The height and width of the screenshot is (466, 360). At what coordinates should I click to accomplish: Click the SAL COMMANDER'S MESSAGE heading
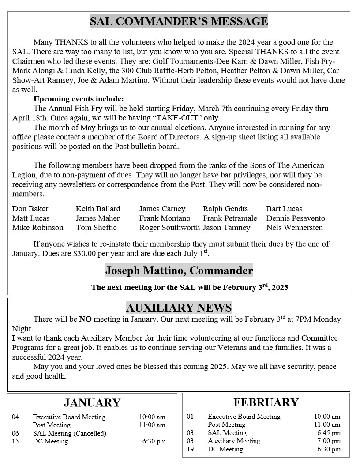coord(179,21)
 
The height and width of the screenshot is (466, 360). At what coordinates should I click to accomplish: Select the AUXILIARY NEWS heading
coord(179,308)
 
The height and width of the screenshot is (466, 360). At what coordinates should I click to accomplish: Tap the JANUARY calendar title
coord(92,403)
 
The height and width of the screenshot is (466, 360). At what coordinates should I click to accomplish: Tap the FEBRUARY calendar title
coord(266,402)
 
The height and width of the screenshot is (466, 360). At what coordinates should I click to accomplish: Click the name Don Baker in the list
coord(30,209)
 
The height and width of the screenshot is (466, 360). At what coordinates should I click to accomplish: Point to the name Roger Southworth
coord(169,228)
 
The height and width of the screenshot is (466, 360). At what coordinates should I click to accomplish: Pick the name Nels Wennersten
coord(294,228)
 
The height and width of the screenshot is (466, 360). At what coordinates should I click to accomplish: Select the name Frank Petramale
coord(229,218)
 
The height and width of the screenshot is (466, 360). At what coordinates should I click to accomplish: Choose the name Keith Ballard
coord(97,209)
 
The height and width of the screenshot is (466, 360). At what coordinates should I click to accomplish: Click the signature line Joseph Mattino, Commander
coord(179,270)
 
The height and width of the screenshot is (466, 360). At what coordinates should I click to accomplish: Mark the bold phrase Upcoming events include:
coord(79,99)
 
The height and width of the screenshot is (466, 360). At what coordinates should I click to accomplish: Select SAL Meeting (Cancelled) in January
coord(69,433)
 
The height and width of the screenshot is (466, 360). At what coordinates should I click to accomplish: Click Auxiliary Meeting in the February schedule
coord(234,441)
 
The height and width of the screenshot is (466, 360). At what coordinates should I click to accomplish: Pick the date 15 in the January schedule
coord(15,441)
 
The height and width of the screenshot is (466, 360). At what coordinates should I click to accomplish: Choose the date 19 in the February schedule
coord(190,449)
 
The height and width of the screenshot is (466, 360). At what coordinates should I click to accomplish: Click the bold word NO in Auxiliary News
coord(85,319)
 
